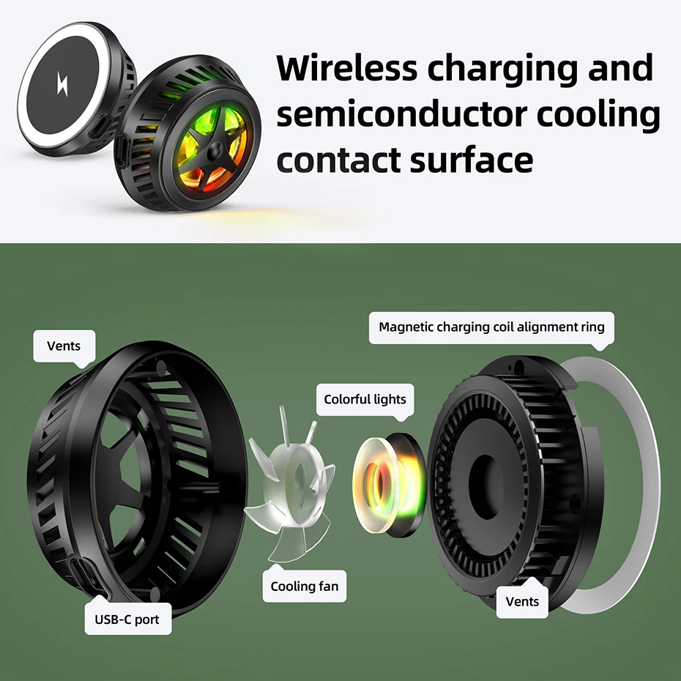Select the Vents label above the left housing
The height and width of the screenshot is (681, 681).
pos(64,346)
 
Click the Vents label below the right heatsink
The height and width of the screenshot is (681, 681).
pos(522,601)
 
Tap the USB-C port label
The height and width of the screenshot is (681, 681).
pos(127,619)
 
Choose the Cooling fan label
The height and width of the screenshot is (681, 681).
pos(304,586)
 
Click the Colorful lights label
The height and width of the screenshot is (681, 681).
pos(365,400)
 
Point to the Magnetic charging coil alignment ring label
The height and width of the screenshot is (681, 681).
pos(491,327)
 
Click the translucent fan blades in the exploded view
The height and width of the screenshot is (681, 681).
pos(282,483)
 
